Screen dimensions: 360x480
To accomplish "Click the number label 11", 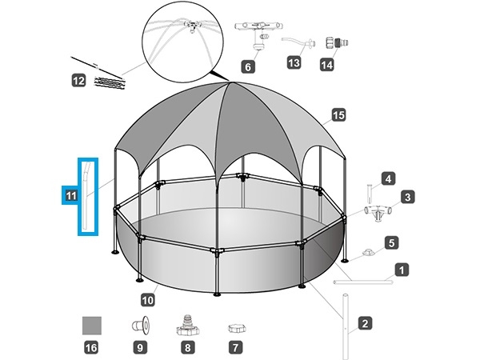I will (x=70, y=194).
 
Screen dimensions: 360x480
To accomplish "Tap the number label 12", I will (x=78, y=80).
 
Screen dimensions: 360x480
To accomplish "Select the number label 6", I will (x=249, y=67).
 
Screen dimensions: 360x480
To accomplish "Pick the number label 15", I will (x=338, y=116).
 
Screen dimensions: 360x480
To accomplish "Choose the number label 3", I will (x=407, y=196).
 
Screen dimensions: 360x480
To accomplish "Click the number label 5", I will (x=391, y=242).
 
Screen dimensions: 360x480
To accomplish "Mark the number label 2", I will (x=365, y=324).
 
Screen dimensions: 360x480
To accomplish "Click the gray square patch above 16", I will (x=93, y=326).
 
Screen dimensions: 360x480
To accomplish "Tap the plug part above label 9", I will (x=141, y=326).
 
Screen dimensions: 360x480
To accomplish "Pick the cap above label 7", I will (x=235, y=327).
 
